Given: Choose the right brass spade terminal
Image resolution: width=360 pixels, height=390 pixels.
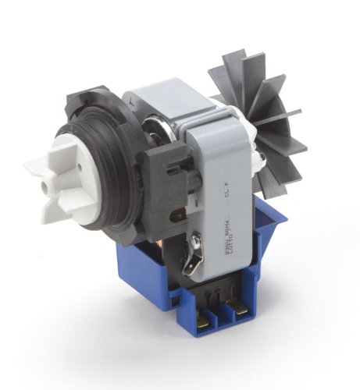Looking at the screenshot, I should point(241,315).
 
